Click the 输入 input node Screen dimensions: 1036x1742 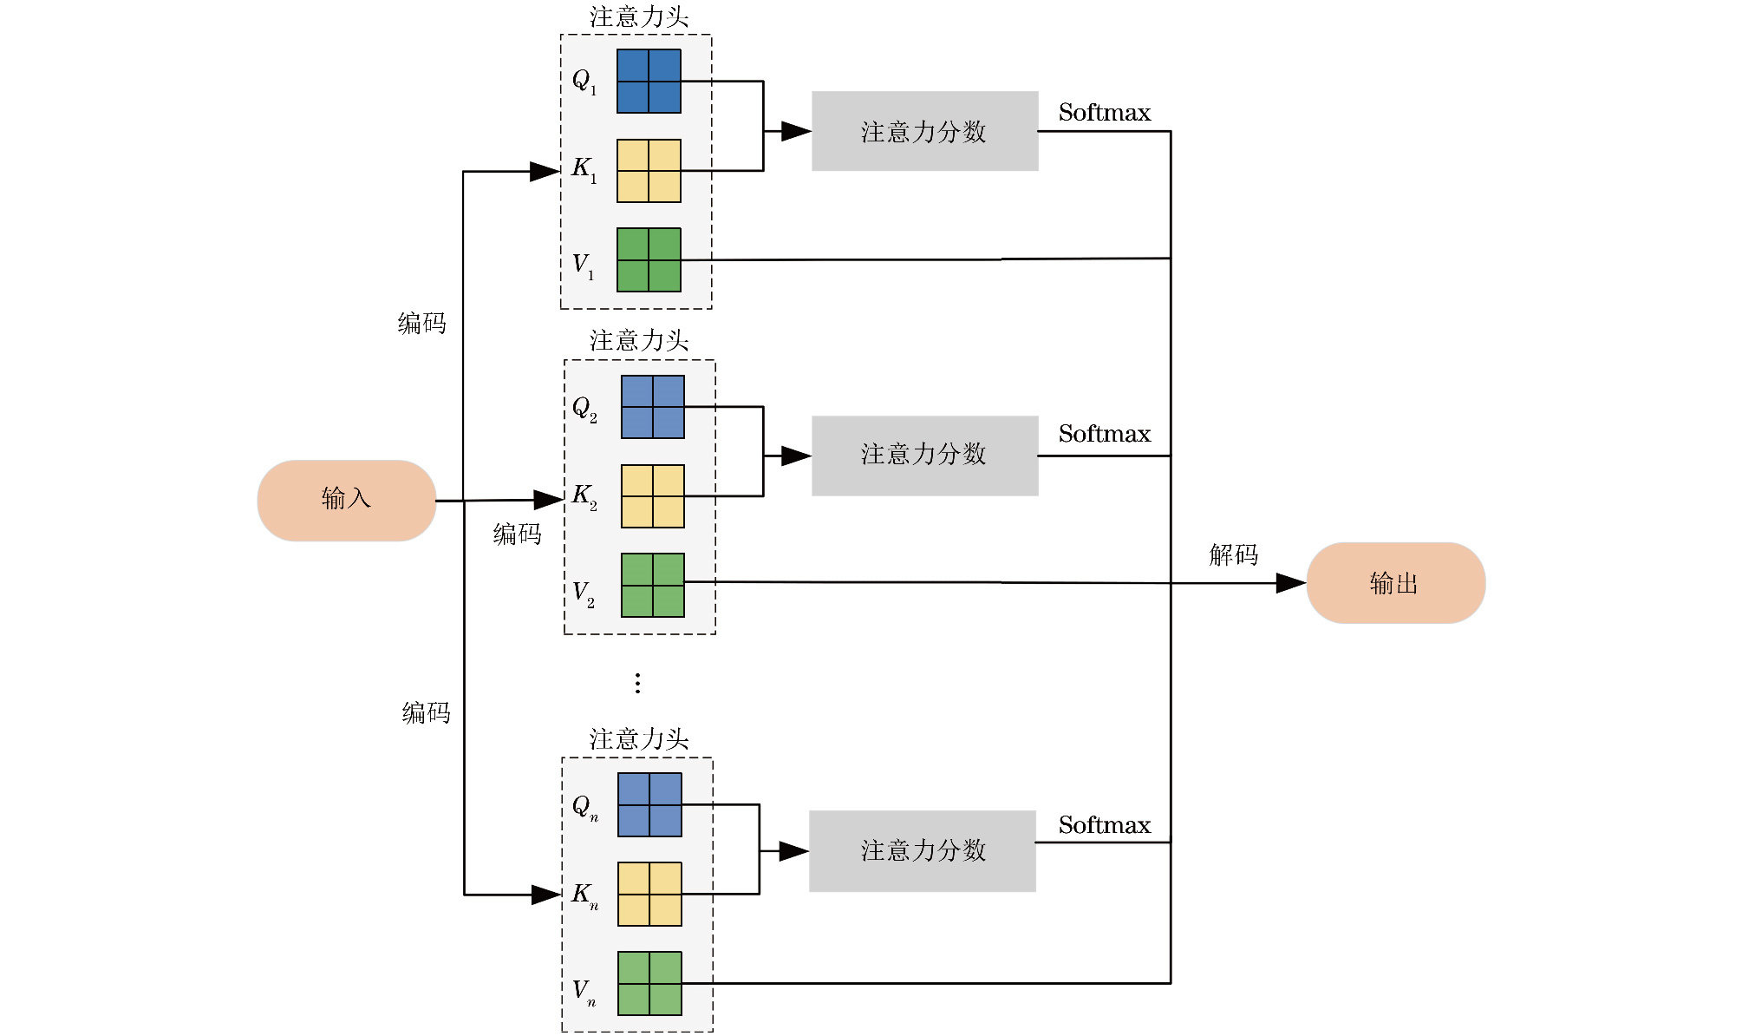tap(346, 501)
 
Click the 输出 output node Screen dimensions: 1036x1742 tap(1395, 583)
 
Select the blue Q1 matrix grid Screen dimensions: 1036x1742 tap(649, 82)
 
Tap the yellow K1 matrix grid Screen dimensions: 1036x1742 tap(649, 171)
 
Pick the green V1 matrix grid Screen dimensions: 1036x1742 tap(649, 260)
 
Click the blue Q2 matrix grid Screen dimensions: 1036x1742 tap(653, 407)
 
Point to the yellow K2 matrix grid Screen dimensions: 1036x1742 tap(653, 496)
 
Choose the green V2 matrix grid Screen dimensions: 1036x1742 tap(653, 586)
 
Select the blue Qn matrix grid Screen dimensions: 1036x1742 tap(649, 805)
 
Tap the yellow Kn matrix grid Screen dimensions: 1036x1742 tap(649, 895)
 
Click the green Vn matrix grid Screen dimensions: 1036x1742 tap(649, 984)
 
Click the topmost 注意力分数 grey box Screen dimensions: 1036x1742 tap(924, 132)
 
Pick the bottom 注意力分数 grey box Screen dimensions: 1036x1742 tap(922, 851)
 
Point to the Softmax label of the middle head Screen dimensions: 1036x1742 tap(1104, 434)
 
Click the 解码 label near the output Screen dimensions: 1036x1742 tap(1233, 555)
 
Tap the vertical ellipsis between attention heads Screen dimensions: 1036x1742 tap(637, 684)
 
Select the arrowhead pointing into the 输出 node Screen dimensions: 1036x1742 tap(1291, 583)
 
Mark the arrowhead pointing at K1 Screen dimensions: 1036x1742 tap(545, 172)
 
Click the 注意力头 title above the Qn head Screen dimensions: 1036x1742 tap(639, 739)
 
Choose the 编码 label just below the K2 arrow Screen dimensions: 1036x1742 tap(517, 534)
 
